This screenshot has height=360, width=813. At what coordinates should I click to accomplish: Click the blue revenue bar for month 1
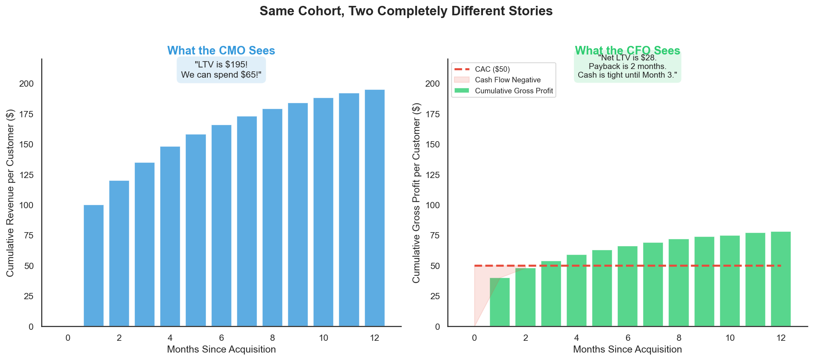[x=94, y=265]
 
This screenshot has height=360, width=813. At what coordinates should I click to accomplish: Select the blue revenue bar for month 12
[x=375, y=208]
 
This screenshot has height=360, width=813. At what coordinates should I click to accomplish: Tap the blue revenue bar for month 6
[x=221, y=225]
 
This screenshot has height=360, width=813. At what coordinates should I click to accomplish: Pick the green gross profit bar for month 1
[x=500, y=302]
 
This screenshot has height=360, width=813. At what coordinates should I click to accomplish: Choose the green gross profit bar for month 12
[x=781, y=279]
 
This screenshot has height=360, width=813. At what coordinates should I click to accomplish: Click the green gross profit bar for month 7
[x=653, y=284]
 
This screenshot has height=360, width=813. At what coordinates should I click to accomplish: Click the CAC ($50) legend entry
[x=492, y=69]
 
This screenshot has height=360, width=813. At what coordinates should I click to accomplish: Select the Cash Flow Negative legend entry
[x=508, y=80]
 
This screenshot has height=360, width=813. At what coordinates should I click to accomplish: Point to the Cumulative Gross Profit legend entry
[x=514, y=91]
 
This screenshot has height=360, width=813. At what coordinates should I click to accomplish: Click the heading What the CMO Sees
[x=221, y=51]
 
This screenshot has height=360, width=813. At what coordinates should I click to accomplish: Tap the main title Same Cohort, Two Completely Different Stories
[x=406, y=11]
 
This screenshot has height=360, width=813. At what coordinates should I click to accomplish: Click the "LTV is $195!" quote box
[x=221, y=69]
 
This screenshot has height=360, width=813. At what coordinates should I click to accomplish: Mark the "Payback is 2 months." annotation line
[x=627, y=66]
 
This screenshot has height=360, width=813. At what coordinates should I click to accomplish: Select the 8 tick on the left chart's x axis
[x=272, y=338]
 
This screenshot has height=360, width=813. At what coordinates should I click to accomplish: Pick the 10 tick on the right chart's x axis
[x=730, y=338]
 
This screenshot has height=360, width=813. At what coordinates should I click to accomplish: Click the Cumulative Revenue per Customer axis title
[x=10, y=193]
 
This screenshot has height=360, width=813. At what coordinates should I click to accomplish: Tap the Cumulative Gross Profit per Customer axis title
[x=416, y=193]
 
